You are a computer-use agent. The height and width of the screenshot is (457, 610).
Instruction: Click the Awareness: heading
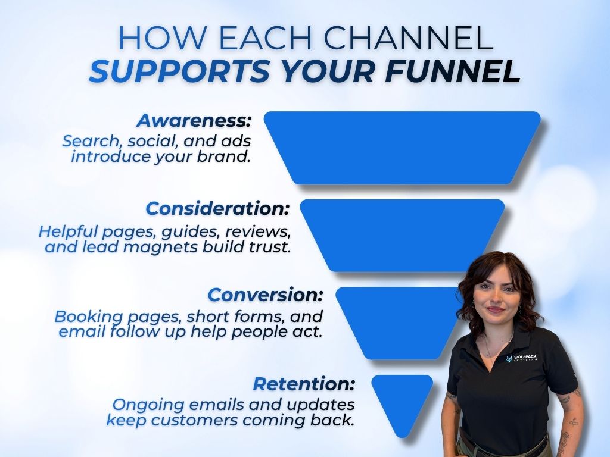point(195,120)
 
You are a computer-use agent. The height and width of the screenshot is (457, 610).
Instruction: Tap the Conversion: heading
point(266,295)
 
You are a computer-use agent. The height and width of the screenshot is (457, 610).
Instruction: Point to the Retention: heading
point(304,384)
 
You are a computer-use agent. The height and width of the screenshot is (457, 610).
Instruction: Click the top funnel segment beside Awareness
point(402,147)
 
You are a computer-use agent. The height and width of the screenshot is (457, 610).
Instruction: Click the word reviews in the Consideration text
point(256,231)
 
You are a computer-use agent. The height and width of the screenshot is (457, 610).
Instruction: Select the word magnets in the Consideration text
point(161,246)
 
